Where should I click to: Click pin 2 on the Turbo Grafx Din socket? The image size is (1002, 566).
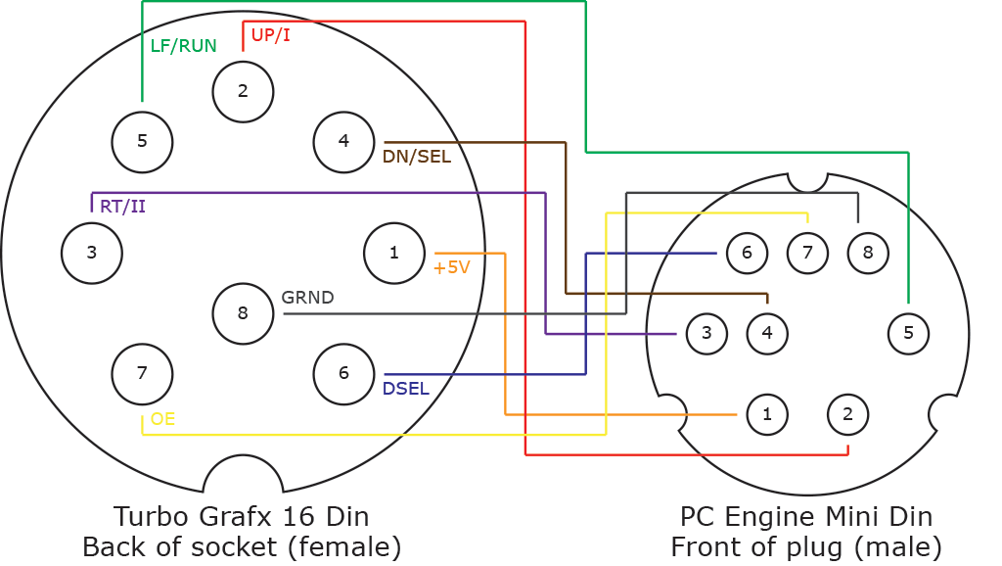point(243,91)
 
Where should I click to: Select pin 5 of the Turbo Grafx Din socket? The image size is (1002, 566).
point(142,142)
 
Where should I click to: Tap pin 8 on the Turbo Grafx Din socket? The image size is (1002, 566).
point(243,313)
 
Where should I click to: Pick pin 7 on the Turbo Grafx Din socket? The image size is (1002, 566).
point(142,373)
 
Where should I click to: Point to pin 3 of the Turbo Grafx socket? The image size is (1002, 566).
point(92,254)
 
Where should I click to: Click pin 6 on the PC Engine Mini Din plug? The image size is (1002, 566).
point(747,253)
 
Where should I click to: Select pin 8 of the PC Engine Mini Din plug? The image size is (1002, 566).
point(868,253)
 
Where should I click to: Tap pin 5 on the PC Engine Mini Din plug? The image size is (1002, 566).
point(908,333)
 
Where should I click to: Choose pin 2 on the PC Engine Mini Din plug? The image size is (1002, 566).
point(848,414)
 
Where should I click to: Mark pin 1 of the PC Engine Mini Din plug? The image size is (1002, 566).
point(767,414)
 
